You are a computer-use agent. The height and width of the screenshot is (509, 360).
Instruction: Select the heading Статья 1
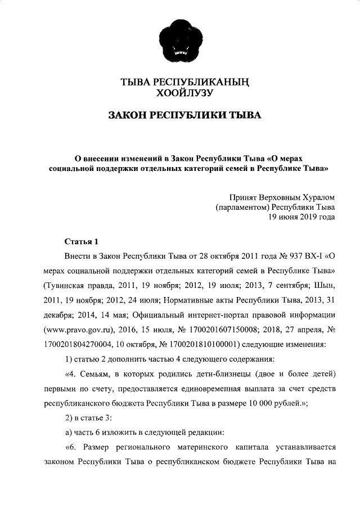[x=82, y=242]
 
